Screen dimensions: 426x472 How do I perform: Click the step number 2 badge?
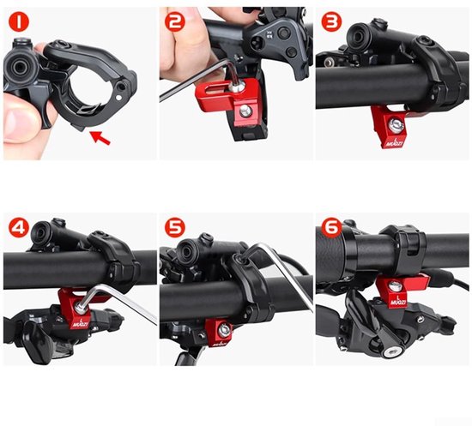[176, 21]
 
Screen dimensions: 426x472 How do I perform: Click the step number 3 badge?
[331, 20]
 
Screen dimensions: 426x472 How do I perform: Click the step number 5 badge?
[176, 229]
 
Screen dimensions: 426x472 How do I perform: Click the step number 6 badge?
[331, 229]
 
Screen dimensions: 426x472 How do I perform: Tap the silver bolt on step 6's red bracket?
[394, 286]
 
